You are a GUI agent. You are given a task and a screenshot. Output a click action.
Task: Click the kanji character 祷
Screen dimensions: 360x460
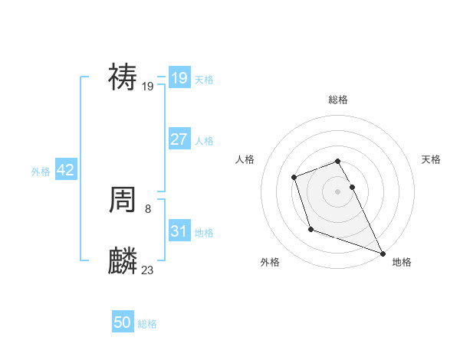[123, 77]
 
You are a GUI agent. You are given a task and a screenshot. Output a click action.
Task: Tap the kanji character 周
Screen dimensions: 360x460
[123, 201]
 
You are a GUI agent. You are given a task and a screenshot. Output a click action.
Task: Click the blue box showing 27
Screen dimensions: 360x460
[179, 139]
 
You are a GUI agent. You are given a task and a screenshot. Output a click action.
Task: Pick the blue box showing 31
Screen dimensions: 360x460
[179, 231]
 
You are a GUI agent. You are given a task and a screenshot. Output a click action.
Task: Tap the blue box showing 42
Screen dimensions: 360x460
[65, 170]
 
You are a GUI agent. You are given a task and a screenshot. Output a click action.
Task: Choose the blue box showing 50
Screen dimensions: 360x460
[123, 322]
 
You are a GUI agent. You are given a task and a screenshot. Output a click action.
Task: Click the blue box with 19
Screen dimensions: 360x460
[179, 78]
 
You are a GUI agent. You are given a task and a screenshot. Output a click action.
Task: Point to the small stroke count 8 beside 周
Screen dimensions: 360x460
[147, 208]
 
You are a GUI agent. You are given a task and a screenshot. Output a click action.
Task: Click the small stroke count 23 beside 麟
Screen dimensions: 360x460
[148, 270]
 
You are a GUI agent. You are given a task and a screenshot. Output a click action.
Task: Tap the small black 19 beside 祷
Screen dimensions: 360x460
[148, 87]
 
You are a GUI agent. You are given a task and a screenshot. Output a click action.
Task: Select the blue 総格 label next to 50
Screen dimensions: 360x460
[147, 324]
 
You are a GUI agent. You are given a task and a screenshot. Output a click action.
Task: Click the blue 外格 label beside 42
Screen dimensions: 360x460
[41, 172]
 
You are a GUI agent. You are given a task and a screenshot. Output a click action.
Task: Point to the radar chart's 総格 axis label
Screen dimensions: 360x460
[337, 100]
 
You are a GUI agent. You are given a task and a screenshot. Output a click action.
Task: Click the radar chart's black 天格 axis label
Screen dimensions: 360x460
[431, 159]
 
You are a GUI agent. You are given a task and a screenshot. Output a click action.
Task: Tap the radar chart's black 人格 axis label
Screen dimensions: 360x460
[245, 159]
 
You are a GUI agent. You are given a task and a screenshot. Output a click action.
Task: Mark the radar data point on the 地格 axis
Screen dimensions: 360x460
[383, 254]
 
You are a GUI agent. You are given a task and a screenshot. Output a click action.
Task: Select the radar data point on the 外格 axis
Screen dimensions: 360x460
[310, 229]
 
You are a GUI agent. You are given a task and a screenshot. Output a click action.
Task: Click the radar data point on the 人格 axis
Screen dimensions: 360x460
[294, 178]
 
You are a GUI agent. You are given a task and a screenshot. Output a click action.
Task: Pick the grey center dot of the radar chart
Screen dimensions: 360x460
[337, 191]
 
